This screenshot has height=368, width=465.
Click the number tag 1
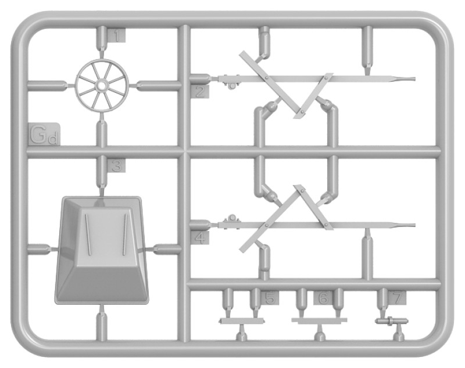pos(117,37)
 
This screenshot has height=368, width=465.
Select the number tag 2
pos(200,91)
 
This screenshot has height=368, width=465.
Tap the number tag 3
pos(117,167)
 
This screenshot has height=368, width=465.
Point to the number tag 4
pos(200,238)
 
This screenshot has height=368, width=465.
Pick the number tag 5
pos(269,298)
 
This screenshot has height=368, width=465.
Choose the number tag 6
pos(323,298)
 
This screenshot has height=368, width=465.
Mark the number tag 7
pos(398,298)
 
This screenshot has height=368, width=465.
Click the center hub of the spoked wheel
pos(101,85)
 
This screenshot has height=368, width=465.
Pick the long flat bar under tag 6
pos(319,320)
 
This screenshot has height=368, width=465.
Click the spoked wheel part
pos(101,85)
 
